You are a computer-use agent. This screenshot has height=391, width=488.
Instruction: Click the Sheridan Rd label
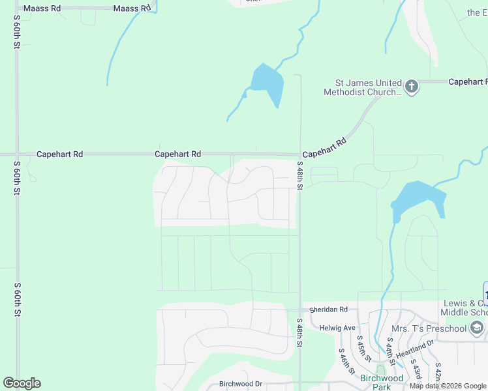[x=329, y=310]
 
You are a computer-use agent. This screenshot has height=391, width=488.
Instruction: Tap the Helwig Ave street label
[x=337, y=328]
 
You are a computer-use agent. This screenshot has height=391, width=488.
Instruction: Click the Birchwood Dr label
[x=241, y=384]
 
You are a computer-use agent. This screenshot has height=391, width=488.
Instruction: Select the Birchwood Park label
[x=382, y=383]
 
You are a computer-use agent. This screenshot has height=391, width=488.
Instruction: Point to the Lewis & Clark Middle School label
[x=464, y=308]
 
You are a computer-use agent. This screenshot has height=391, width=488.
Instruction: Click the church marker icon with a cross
[x=412, y=86]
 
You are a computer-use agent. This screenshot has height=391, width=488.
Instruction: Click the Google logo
[x=22, y=383]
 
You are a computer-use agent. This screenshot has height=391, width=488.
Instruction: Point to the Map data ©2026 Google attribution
[x=448, y=386]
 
